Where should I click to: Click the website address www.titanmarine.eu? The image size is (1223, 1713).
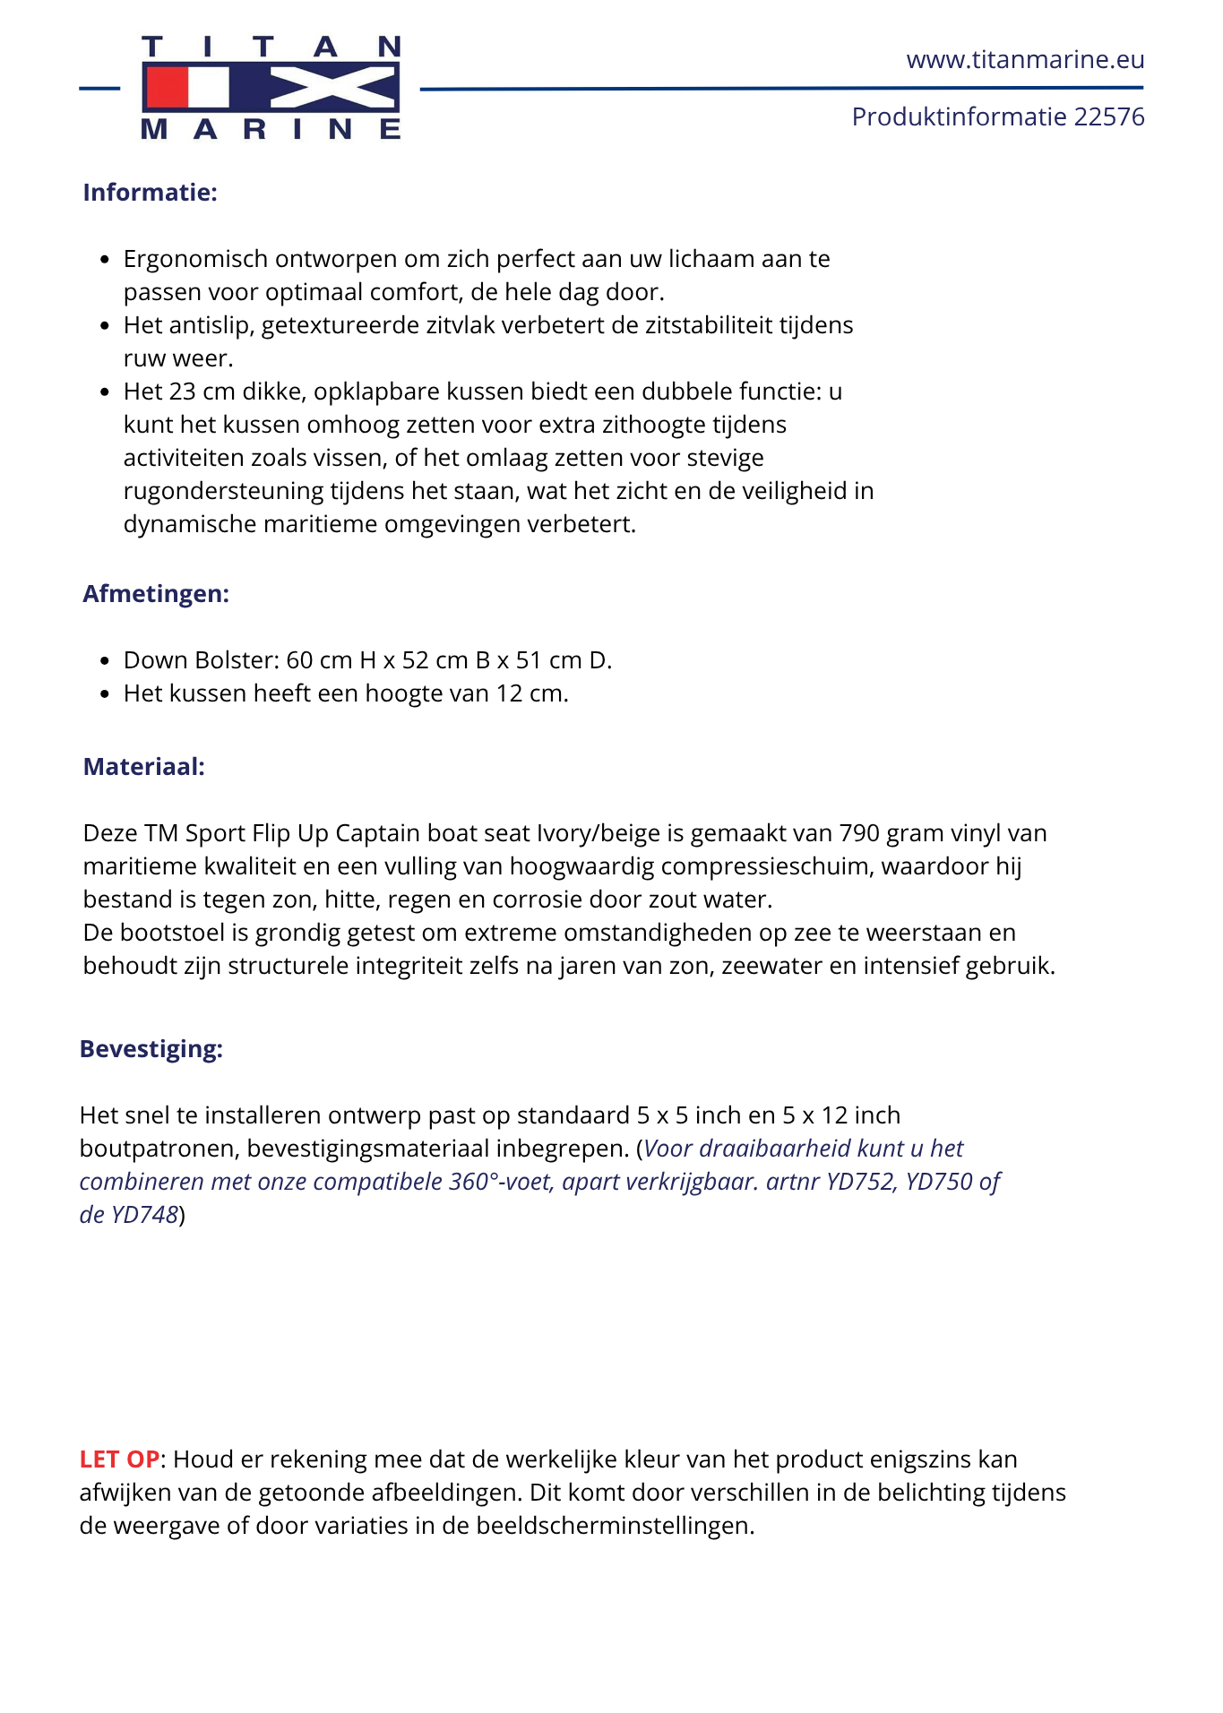1025,60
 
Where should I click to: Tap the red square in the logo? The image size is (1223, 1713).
166,88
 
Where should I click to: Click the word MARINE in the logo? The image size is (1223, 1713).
271,130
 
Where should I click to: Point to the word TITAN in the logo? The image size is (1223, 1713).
271,47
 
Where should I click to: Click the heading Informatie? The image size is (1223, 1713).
150,193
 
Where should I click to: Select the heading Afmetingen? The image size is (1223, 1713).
156,594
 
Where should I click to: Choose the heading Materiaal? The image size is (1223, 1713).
143,767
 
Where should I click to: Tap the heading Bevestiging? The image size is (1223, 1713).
151,1049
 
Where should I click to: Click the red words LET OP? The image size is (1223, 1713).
119,1459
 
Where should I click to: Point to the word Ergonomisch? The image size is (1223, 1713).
195,259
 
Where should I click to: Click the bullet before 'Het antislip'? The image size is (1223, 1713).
105,326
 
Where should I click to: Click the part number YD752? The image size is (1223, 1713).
859,1182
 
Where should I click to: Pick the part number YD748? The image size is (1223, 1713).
143,1215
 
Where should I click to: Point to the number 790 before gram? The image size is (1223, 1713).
859,833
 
